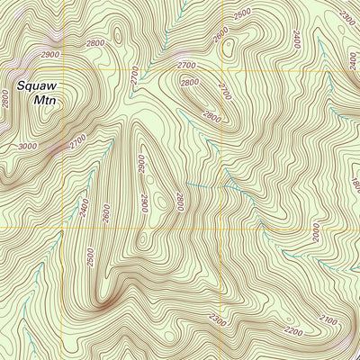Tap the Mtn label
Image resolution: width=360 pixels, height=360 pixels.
tap(45, 102)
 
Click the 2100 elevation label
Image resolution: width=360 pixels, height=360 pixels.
tap(328, 320)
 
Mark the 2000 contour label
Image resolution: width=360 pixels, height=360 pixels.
tap(317, 232)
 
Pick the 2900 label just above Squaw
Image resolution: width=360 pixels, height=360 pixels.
tap(50, 55)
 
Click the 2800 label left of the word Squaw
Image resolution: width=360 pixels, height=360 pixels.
tap(6, 100)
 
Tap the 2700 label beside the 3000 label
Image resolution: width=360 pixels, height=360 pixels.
tap(76, 141)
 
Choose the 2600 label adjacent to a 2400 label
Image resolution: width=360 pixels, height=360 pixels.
tap(105, 214)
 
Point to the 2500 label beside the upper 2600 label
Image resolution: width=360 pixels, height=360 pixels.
tap(242, 15)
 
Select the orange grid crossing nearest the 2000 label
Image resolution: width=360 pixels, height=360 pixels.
tap(223, 228)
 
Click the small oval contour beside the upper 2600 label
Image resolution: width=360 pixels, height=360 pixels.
tap(226, 45)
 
